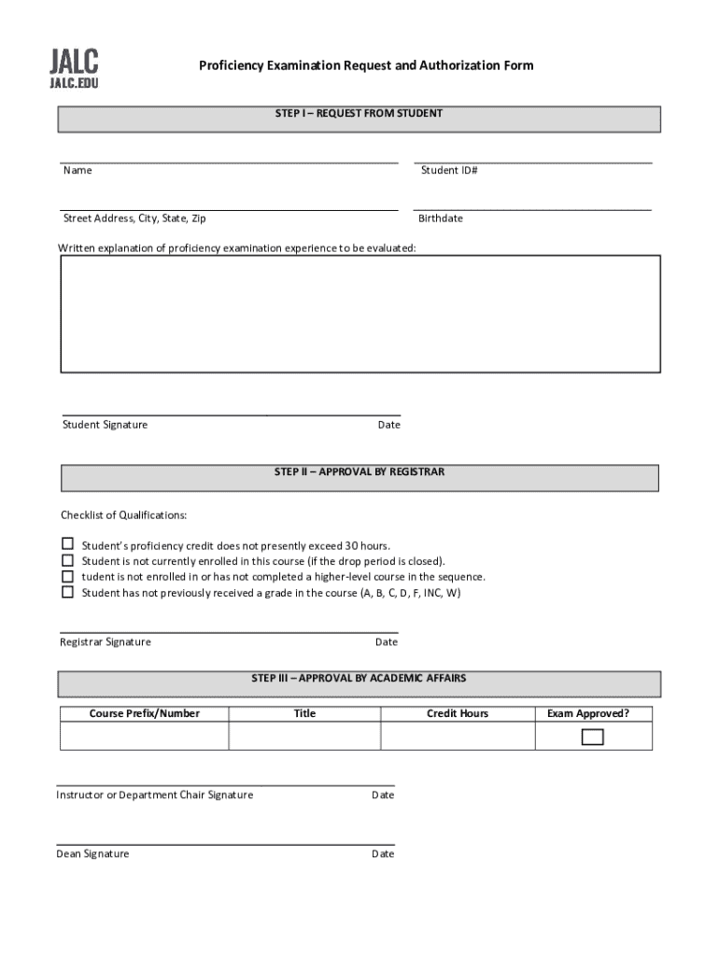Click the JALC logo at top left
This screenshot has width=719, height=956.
(74, 69)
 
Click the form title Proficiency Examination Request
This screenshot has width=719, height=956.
(365, 65)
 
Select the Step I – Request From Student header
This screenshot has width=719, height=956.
(359, 114)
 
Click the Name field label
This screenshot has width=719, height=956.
(78, 171)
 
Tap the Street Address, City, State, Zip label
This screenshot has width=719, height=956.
(134, 218)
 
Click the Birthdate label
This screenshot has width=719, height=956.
(440, 218)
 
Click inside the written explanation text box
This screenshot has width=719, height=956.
(359, 314)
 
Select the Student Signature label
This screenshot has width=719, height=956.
(105, 425)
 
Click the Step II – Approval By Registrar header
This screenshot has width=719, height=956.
(359, 472)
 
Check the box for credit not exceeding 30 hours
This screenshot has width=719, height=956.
(67, 543)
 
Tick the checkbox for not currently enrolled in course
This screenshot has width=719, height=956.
(67, 560)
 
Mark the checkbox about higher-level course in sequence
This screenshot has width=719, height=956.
(67, 576)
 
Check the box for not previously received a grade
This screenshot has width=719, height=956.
(67, 592)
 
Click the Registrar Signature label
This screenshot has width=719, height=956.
(106, 642)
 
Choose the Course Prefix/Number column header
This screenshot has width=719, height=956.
(144, 714)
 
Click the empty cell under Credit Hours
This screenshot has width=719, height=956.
(457, 737)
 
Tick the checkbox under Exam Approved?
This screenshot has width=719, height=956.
(592, 737)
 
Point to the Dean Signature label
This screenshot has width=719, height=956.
(92, 854)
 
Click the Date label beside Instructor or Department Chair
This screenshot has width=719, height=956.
(383, 795)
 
